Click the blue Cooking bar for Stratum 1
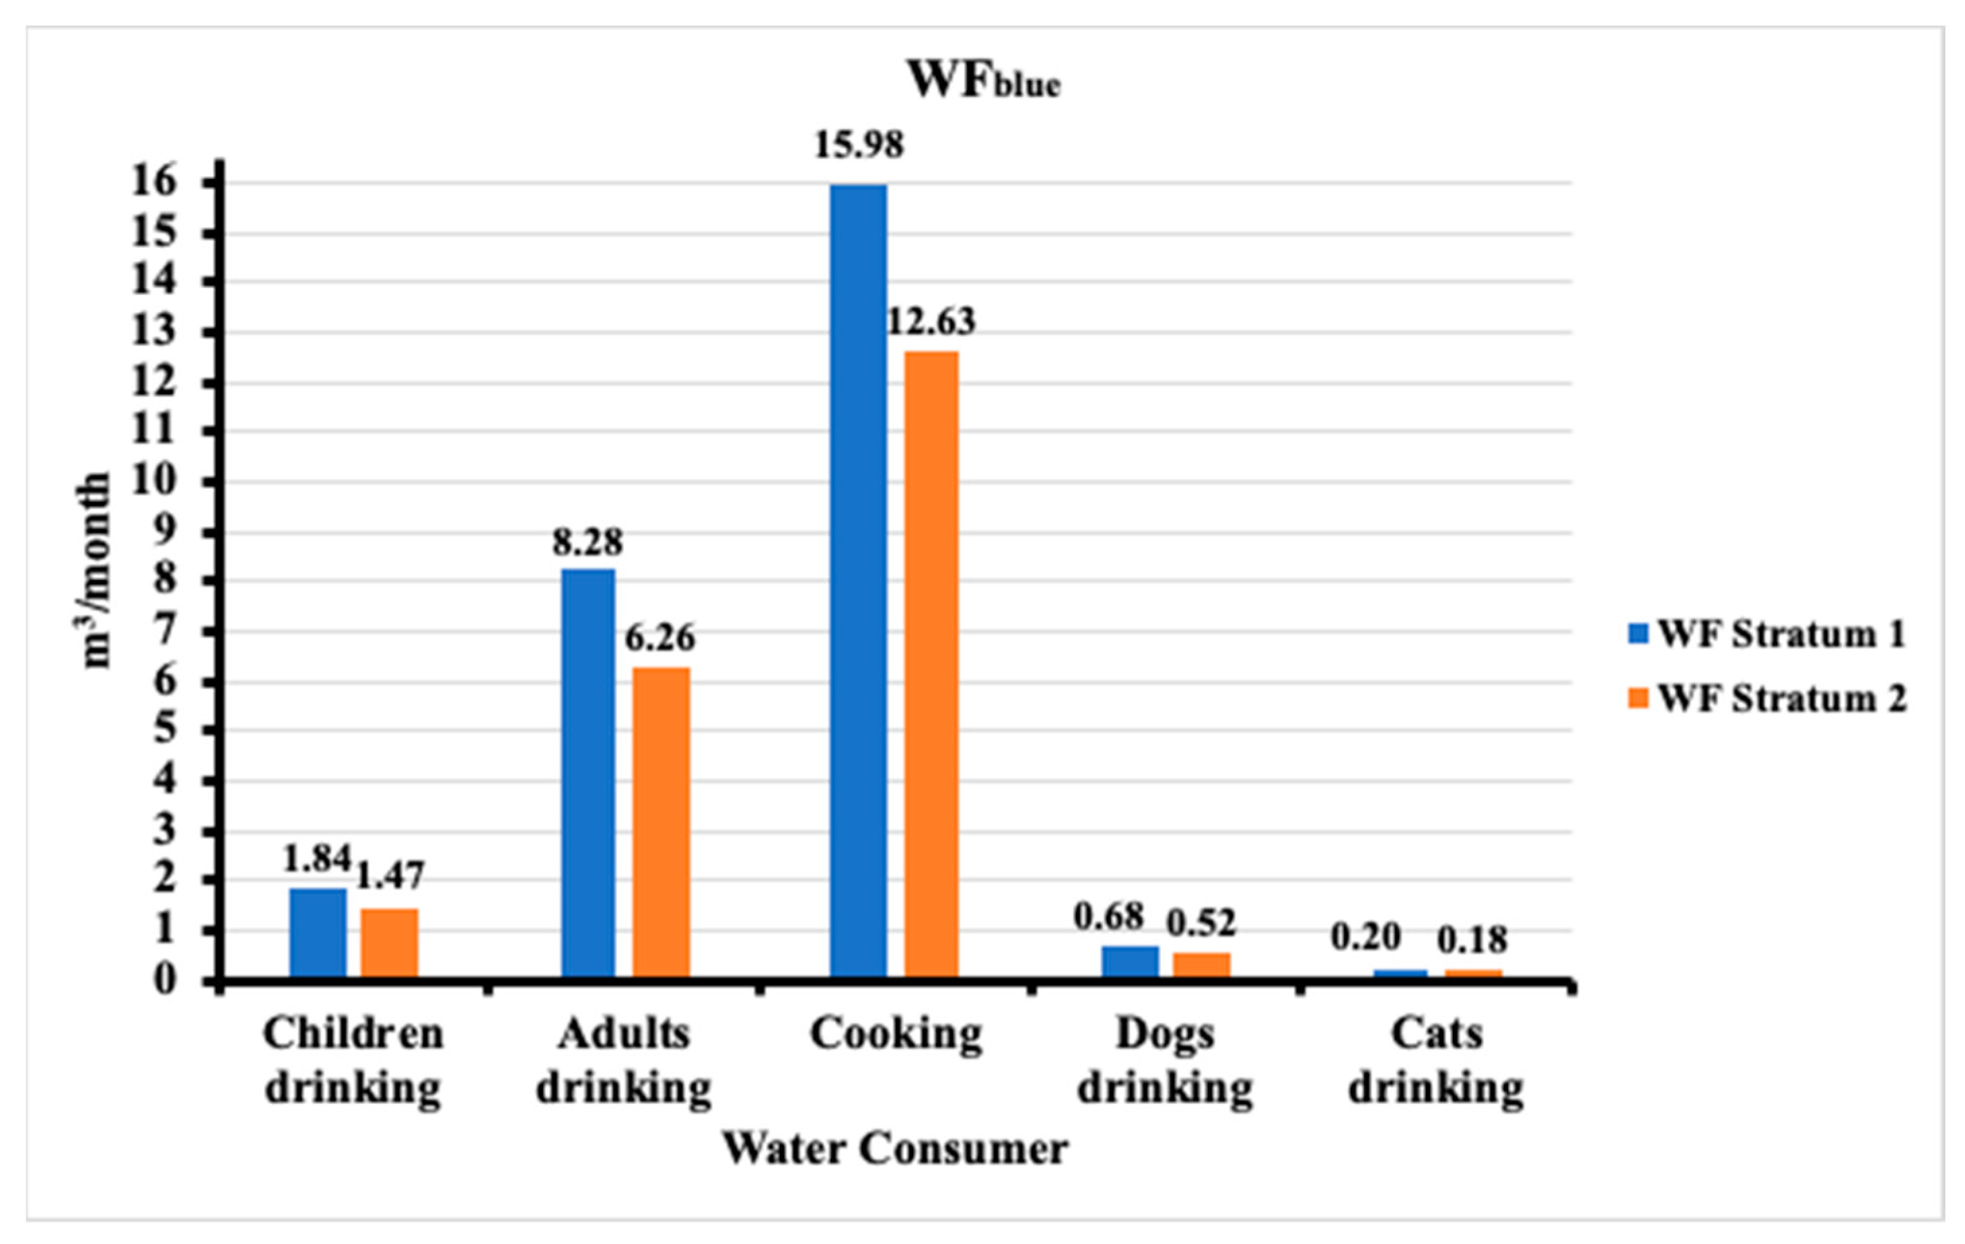click(x=859, y=579)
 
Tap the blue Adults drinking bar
click(x=588, y=772)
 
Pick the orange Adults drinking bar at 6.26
click(x=661, y=821)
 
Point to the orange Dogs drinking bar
click(x=1201, y=963)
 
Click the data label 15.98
click(x=859, y=145)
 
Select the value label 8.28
click(x=587, y=542)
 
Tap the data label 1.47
click(x=390, y=876)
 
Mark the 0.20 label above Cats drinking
click(x=1366, y=937)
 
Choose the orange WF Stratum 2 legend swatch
click(x=1639, y=698)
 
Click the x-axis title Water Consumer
click(x=895, y=1148)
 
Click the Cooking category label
click(x=896, y=1034)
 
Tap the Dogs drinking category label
click(x=1166, y=1060)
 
